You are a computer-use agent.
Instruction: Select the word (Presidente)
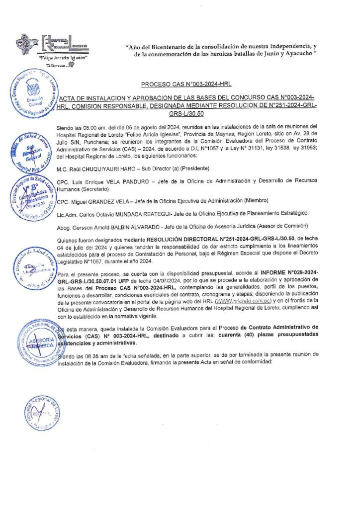tap(184, 169)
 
